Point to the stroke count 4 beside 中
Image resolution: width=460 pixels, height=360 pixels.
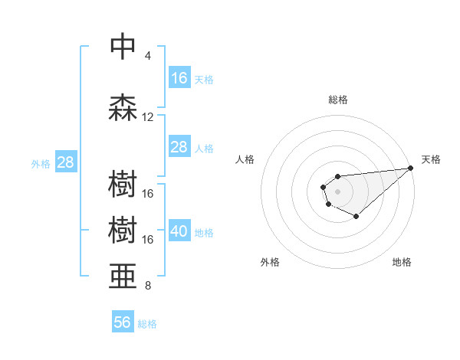pos(148,56)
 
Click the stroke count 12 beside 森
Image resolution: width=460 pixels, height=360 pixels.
pos(148,117)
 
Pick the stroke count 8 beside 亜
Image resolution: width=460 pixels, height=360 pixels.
pos(148,286)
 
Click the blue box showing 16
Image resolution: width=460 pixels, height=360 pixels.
pos(179,77)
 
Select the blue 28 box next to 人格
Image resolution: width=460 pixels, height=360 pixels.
pos(179,147)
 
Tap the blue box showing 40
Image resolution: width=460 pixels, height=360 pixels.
pos(179,231)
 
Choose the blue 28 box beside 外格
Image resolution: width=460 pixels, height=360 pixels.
pos(65,162)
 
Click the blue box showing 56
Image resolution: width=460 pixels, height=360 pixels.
pos(123,322)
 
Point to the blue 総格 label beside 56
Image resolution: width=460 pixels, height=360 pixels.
pos(148,324)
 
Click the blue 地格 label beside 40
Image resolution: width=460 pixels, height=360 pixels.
pos(205,232)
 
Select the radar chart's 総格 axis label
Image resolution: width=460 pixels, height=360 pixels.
pos(338,100)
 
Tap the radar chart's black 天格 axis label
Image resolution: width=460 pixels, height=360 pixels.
pos(431,159)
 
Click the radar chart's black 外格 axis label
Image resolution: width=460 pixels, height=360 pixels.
pos(270,262)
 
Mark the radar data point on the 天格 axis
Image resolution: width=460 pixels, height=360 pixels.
pos(410,168)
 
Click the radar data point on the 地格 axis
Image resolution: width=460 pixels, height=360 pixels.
pos(356,217)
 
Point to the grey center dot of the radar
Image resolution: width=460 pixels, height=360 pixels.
pos(338,191)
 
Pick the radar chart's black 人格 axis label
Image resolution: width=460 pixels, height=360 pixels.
pos(245,159)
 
